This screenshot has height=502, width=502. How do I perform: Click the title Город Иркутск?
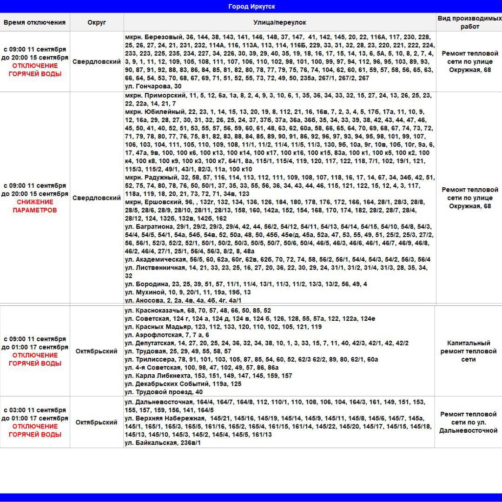click(x=251, y=7)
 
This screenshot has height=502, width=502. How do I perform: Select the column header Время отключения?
click(x=35, y=22)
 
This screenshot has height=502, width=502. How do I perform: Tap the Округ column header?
click(x=97, y=22)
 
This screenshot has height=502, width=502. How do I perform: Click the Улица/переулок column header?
click(x=279, y=22)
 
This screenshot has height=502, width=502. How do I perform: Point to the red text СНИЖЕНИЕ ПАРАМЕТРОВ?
click(x=35, y=206)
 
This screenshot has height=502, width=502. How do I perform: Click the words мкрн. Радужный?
click(x=152, y=177)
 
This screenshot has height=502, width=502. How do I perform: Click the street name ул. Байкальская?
click(x=150, y=443)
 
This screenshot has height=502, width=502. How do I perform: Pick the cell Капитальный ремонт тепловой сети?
click(x=468, y=351)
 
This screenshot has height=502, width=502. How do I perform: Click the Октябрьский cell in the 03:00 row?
click(x=96, y=422)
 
